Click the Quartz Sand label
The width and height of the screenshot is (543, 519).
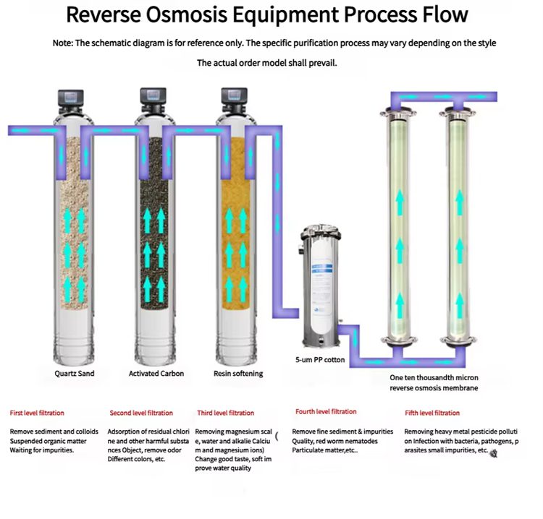click(x=74, y=374)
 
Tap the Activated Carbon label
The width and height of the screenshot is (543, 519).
click(x=156, y=374)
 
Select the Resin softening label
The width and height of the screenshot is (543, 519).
click(x=238, y=374)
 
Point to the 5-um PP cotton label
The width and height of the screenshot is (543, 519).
click(x=320, y=359)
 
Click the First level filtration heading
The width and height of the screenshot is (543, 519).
click(x=37, y=413)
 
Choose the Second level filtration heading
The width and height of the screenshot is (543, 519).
click(x=141, y=413)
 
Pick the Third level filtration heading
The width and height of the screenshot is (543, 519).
click(x=226, y=413)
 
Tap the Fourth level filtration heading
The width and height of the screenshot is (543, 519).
click(x=326, y=412)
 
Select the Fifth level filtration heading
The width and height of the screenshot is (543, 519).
click(x=432, y=413)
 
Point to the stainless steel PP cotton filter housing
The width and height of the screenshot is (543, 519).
click(x=322, y=289)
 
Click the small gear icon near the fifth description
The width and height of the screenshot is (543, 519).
click(x=494, y=453)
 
